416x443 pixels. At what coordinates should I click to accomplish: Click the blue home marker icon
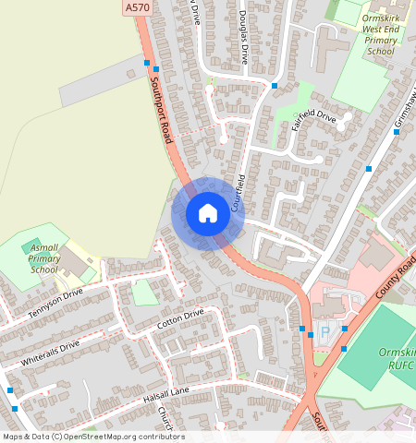[208, 213]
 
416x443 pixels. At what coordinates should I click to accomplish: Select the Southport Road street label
[160, 109]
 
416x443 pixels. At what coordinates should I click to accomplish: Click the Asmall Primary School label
[43, 258]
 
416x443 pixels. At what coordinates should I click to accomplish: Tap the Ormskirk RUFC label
[397, 360]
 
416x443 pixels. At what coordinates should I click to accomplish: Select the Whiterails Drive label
[44, 353]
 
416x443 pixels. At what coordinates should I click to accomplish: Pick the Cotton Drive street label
[179, 319]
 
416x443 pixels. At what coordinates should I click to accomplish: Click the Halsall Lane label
[140, 395]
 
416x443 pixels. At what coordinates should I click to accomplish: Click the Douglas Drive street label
[243, 37]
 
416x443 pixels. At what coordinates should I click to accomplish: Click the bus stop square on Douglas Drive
[275, 86]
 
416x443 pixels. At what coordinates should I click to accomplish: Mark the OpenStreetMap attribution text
[92, 437]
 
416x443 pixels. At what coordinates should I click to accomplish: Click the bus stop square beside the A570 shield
[147, 63]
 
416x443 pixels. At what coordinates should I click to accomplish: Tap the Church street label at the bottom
[165, 420]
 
